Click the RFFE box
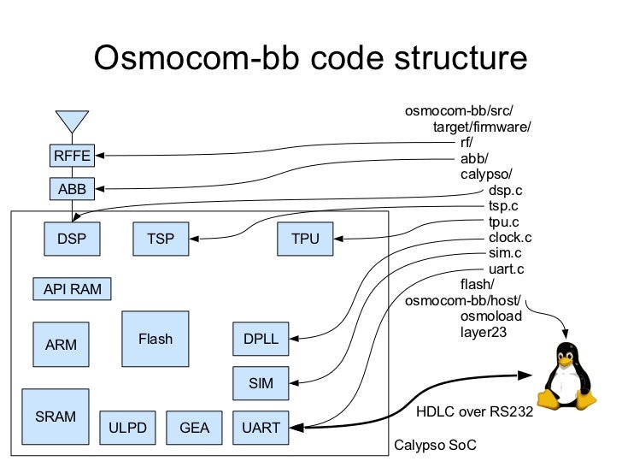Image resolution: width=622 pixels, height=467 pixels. [x=72, y=156]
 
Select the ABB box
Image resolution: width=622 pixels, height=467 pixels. [x=72, y=187]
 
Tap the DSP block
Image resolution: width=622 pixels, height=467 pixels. [x=72, y=239]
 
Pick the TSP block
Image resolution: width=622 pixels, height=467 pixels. [x=161, y=239]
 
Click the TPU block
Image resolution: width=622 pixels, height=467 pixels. [x=305, y=239]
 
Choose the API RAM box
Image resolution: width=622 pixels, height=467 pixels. [x=72, y=289]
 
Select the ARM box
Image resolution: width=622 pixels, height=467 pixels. [x=61, y=345]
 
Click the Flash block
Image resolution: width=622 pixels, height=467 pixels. [x=155, y=339]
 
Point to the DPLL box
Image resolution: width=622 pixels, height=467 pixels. [x=261, y=339]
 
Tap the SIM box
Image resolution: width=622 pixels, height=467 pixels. [x=261, y=383]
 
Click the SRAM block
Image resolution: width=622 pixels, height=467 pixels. [x=55, y=417]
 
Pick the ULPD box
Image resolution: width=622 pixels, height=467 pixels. [x=129, y=427]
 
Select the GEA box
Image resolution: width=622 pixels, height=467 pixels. [x=194, y=427]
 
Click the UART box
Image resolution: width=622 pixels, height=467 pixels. [x=261, y=427]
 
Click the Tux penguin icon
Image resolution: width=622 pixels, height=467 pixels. [x=566, y=376]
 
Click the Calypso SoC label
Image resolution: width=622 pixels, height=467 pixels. [x=434, y=446]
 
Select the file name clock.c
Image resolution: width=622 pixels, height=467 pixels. [x=510, y=238]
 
